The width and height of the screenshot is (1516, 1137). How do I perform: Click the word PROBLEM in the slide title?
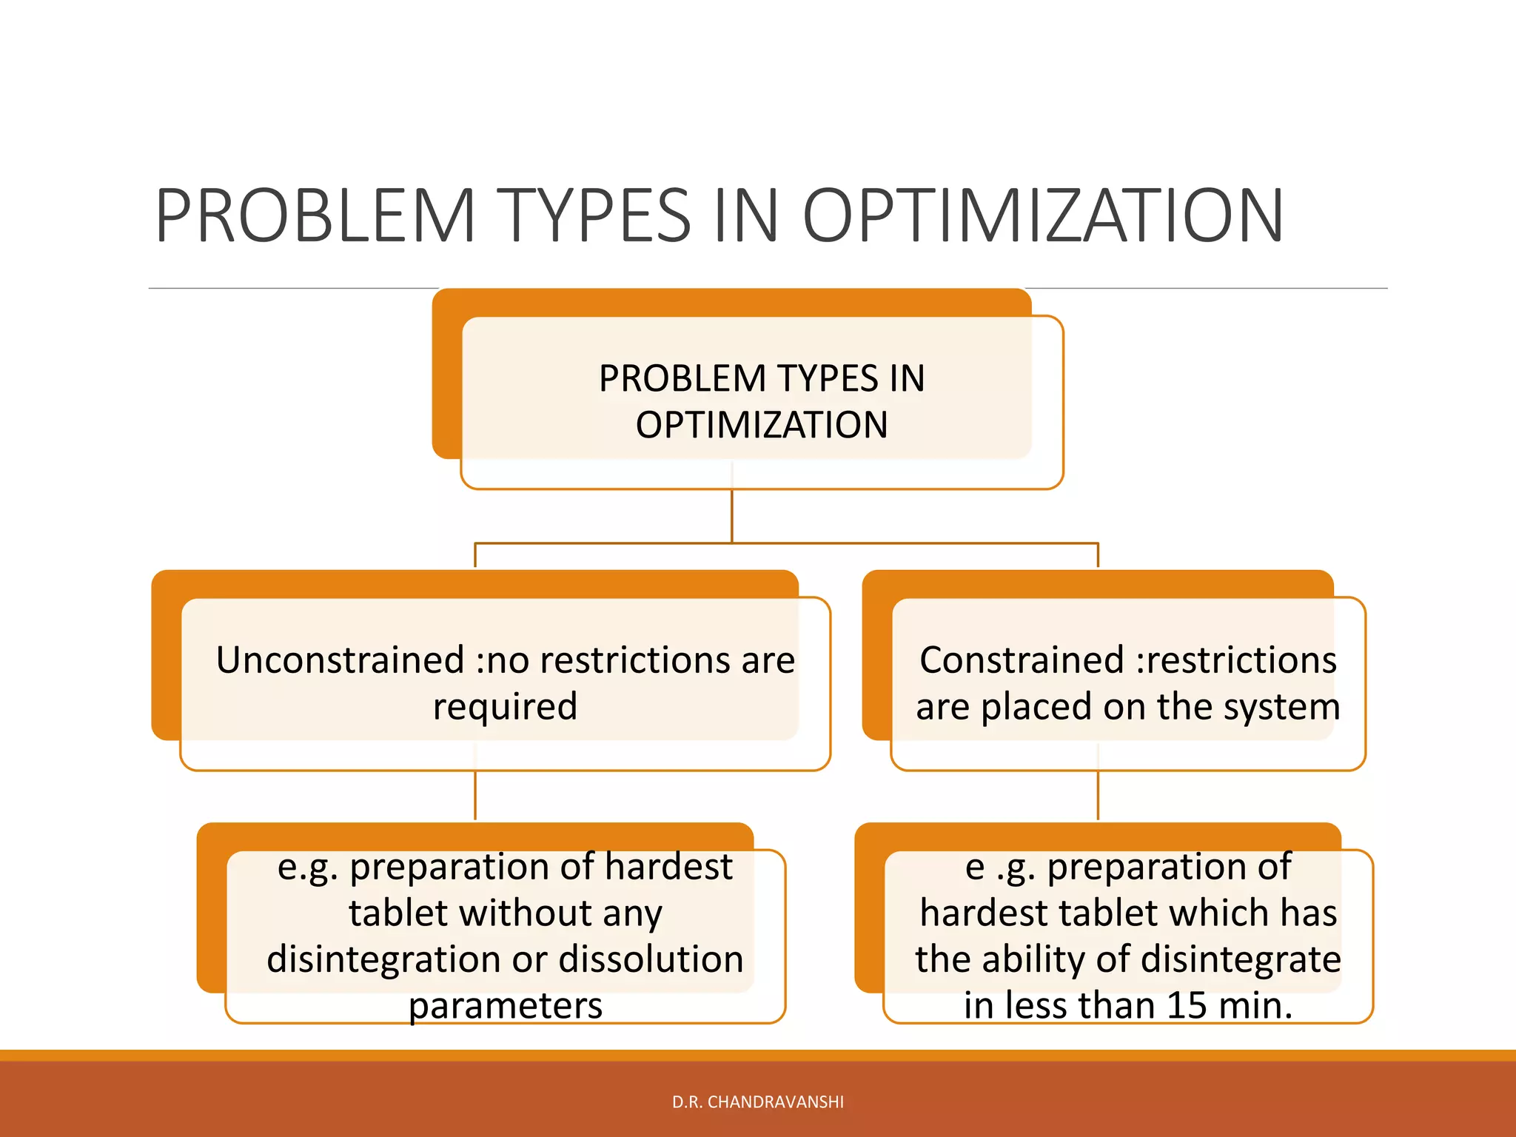[x=315, y=216]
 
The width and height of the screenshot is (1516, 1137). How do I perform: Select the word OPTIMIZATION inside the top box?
[x=762, y=425]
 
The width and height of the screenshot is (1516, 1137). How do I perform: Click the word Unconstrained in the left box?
[x=340, y=660]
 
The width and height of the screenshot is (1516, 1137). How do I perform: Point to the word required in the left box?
[x=505, y=706]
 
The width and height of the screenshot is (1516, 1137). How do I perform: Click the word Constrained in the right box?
[x=1021, y=660]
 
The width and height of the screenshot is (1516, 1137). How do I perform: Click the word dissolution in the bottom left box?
[x=651, y=959]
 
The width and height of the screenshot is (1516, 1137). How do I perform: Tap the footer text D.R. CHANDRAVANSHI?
[x=757, y=1102]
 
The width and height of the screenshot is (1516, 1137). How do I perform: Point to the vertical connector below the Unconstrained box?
[x=475, y=796]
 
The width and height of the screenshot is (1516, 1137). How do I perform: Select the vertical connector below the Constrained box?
[x=1098, y=796]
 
